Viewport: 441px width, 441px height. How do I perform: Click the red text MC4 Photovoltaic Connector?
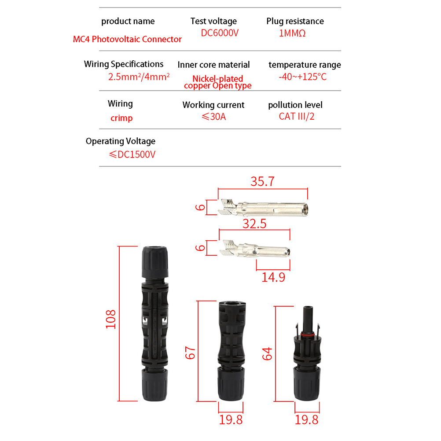(x=127, y=39)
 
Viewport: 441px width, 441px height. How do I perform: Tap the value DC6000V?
(x=220, y=33)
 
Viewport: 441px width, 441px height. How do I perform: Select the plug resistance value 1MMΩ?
(x=292, y=33)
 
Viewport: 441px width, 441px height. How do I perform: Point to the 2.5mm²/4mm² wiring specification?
(x=139, y=77)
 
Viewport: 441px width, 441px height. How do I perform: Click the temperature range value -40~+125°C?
(x=303, y=77)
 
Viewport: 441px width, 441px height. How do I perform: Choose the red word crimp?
(x=121, y=118)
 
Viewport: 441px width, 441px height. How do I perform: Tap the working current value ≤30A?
(x=214, y=117)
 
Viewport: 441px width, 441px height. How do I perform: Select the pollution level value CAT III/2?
(x=297, y=117)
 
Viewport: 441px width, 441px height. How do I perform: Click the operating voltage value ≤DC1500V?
(x=132, y=154)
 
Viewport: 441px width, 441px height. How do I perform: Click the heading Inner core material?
(x=213, y=65)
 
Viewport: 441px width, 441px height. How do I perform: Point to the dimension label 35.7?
(x=262, y=181)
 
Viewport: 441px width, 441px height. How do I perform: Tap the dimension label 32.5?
(x=254, y=224)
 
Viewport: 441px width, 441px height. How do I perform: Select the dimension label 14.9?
(x=273, y=277)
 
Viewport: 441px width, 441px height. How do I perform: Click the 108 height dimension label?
(x=110, y=319)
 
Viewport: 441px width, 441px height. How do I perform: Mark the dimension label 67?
(x=191, y=353)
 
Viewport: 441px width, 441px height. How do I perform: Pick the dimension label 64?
(x=268, y=354)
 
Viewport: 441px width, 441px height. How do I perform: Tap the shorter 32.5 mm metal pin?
(x=255, y=249)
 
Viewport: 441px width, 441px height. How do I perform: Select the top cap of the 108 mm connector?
(x=155, y=262)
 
